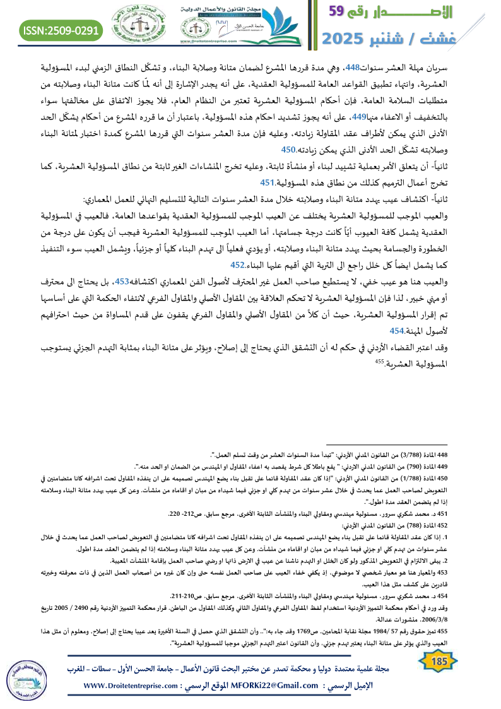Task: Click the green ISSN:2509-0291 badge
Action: point(62,30)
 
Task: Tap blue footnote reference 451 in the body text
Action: point(268,183)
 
